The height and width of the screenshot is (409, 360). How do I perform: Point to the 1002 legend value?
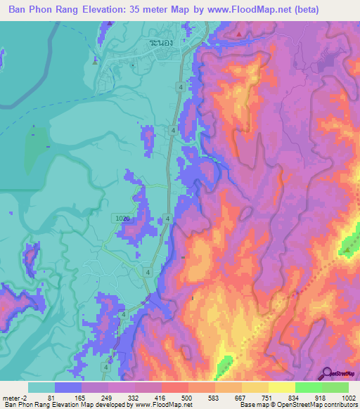coord(348,397)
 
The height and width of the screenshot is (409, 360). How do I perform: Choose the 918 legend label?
coord(321,397)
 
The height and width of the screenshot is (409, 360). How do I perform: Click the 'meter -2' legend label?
coord(15,397)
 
